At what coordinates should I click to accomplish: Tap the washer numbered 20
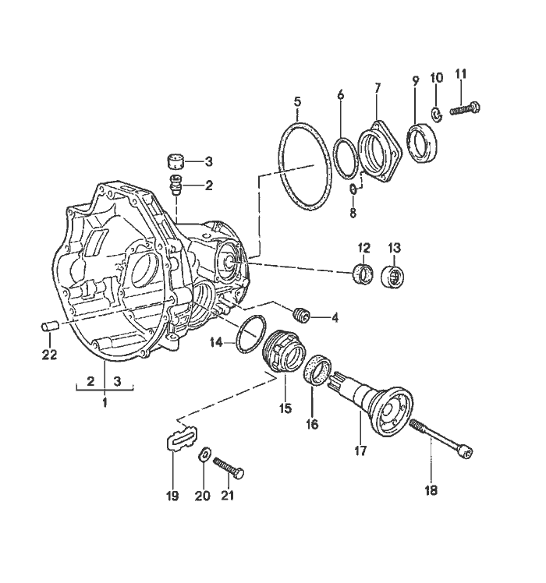click(204, 454)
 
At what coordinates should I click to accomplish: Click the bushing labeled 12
click(363, 274)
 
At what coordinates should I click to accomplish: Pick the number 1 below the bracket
click(104, 402)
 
